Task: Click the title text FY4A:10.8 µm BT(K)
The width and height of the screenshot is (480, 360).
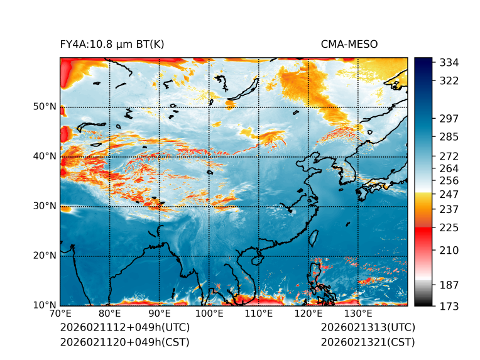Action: click(x=112, y=44)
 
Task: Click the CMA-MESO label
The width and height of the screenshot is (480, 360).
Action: click(x=349, y=44)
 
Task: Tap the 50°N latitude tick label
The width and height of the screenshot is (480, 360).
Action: click(x=45, y=107)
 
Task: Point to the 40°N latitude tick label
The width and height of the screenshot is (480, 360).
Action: click(x=45, y=156)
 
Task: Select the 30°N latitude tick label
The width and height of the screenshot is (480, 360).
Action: click(x=45, y=206)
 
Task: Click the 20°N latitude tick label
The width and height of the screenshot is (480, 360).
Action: click(x=45, y=256)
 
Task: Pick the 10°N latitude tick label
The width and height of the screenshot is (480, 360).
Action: click(x=45, y=305)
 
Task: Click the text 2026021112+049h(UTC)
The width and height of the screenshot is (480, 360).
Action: click(x=124, y=327)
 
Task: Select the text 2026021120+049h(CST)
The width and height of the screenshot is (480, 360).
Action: click(x=124, y=342)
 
